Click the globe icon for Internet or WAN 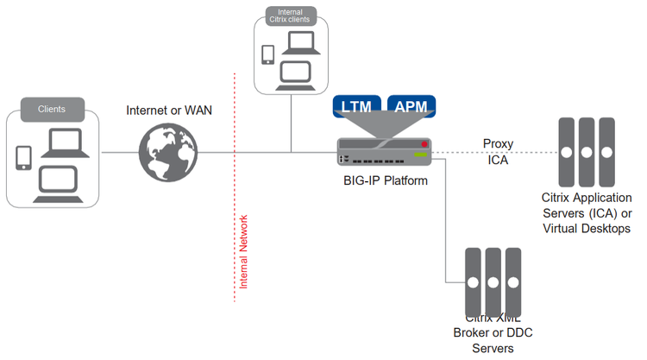pyautogui.click(x=169, y=152)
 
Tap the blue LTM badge pyautogui.click(x=357, y=107)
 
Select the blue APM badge pyautogui.click(x=411, y=107)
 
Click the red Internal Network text pyautogui.click(x=244, y=250)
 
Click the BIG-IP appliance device pyautogui.click(x=383, y=152)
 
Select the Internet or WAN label pyautogui.click(x=169, y=111)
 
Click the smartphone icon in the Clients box pyautogui.click(x=23, y=157)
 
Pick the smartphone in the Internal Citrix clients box pyautogui.click(x=267, y=54)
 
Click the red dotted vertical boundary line pyautogui.click(x=234, y=173)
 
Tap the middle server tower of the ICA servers pyautogui.click(x=587, y=152)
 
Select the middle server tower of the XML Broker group pyautogui.click(x=494, y=282)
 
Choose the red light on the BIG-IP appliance pyautogui.click(x=424, y=143)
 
